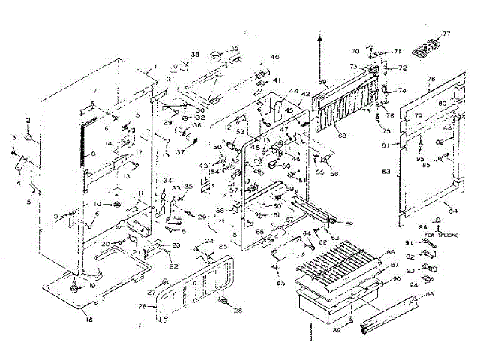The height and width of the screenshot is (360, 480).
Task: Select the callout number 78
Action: click(x=431, y=79)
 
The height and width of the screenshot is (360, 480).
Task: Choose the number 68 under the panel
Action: click(x=341, y=136)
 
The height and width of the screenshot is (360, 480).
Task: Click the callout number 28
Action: click(x=238, y=310)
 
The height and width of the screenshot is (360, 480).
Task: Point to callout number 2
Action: click(x=28, y=120)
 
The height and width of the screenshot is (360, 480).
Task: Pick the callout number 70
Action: click(x=355, y=51)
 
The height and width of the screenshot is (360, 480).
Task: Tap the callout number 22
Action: click(x=173, y=266)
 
